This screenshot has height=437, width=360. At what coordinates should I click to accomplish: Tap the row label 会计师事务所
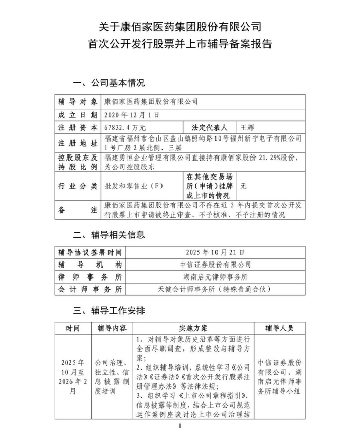pyautogui.click(x=90, y=289)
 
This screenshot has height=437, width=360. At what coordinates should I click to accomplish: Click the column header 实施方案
pyautogui.click(x=193, y=328)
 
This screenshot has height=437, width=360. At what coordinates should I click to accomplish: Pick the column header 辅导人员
pyautogui.click(x=279, y=328)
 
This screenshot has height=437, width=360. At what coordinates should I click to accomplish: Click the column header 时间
pyautogui.click(x=73, y=328)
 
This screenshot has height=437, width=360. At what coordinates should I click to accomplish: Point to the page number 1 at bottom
pyautogui.click(x=179, y=427)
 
